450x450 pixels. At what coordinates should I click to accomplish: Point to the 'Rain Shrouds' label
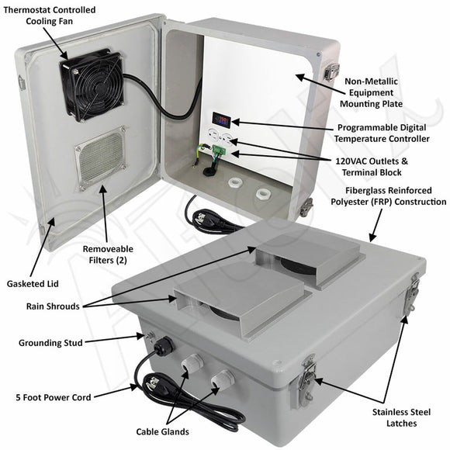tap(51, 306)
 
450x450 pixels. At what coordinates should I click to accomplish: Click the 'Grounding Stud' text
tap(53, 341)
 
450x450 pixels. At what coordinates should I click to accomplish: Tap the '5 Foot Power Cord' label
tap(53, 397)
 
